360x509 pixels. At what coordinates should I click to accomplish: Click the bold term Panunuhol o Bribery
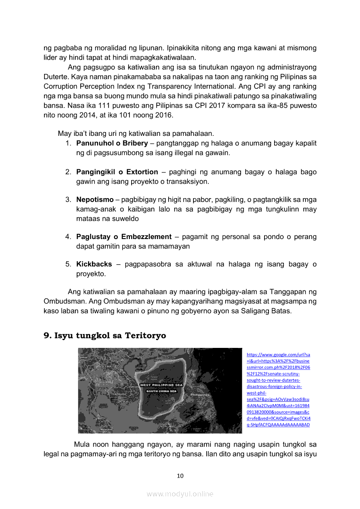pyautogui.click(x=112, y=143)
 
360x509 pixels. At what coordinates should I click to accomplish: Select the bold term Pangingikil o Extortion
pyautogui.click(x=117, y=172)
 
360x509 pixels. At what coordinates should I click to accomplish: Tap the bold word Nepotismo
pyautogui.click(x=95, y=199)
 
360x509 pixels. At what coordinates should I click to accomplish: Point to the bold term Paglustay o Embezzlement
pyautogui.click(x=124, y=237)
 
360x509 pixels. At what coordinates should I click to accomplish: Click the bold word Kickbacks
pyautogui.click(x=94, y=264)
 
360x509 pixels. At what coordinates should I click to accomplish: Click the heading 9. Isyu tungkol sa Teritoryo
pyautogui.click(x=105, y=336)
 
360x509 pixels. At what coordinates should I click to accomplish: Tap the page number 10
pyautogui.click(x=180, y=476)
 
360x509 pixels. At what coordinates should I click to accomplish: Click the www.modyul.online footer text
pyautogui.click(x=180, y=494)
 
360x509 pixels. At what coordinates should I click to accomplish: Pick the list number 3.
pyautogui.click(x=68, y=199)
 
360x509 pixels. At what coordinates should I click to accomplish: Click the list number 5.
pyautogui.click(x=68, y=264)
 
